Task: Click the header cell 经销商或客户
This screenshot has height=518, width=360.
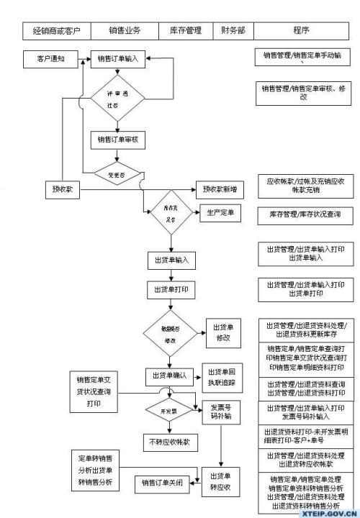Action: [x=57, y=31]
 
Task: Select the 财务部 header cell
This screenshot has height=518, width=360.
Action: [x=232, y=31]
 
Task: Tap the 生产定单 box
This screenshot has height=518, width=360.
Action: [x=222, y=214]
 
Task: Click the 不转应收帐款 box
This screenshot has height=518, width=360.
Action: [x=168, y=441]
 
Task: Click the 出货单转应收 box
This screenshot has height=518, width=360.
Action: [x=221, y=481]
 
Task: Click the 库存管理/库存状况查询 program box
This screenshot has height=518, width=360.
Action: [x=305, y=214]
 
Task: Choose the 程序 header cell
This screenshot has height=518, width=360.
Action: [x=301, y=31]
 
